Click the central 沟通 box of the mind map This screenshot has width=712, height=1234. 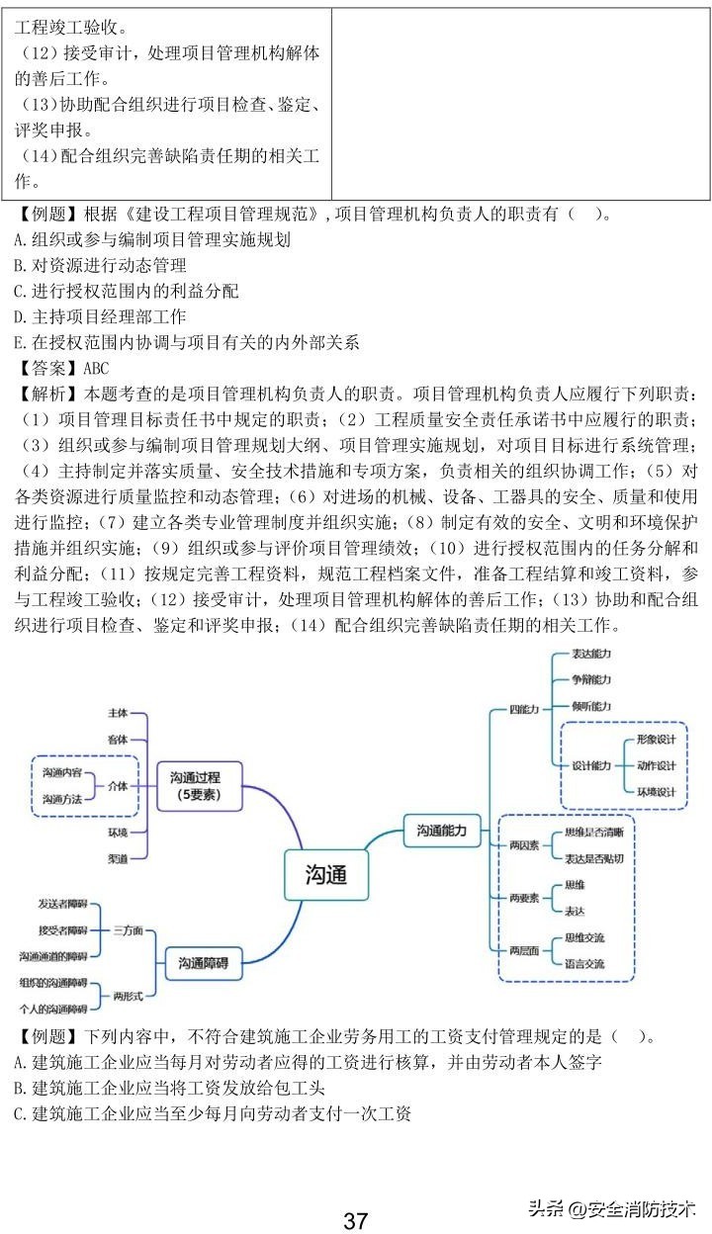[325, 874]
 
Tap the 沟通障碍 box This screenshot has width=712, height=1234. [204, 962]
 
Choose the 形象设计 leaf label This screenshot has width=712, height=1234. [656, 740]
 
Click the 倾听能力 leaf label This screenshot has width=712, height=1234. [591, 706]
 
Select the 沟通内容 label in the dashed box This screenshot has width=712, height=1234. [62, 772]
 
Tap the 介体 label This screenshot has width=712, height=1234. [118, 785]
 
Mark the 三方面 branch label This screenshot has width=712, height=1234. [129, 930]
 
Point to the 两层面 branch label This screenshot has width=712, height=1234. [524, 950]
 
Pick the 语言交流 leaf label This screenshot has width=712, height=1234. [583, 963]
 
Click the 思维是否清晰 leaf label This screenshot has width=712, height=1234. [593, 833]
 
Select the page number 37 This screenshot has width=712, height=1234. [356, 1220]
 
